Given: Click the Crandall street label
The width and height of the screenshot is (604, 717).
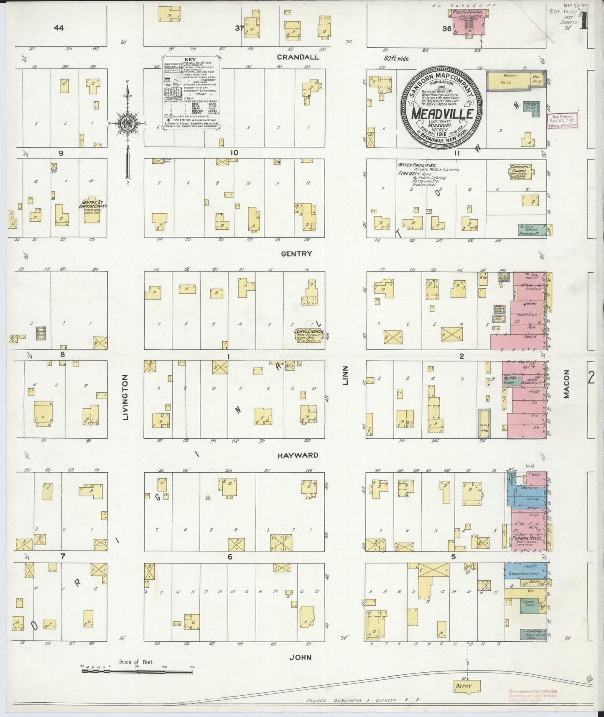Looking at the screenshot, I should (x=299, y=57).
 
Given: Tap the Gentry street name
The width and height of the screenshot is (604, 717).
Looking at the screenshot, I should (x=297, y=254).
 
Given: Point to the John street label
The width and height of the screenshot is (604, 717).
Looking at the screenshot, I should (x=301, y=657).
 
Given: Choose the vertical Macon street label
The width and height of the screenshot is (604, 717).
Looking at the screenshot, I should (x=566, y=384).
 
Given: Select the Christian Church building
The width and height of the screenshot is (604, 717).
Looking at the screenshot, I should (x=520, y=172).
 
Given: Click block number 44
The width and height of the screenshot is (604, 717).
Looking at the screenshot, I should (x=59, y=28).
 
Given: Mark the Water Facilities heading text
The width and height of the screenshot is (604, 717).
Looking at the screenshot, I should (x=418, y=165).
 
